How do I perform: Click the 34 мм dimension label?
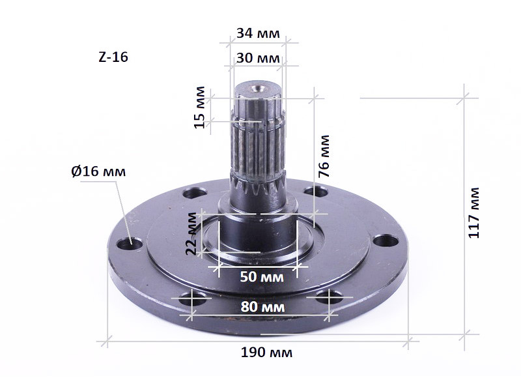[258, 33]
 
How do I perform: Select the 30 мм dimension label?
[258, 58]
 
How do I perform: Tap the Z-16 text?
[113, 57]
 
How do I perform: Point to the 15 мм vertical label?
[200, 108]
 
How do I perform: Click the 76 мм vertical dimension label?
[324, 156]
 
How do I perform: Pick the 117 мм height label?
[474, 213]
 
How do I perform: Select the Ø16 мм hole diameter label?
[98, 171]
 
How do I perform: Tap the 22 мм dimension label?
[191, 233]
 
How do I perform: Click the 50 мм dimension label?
[262, 276]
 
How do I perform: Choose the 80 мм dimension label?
[262, 307]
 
